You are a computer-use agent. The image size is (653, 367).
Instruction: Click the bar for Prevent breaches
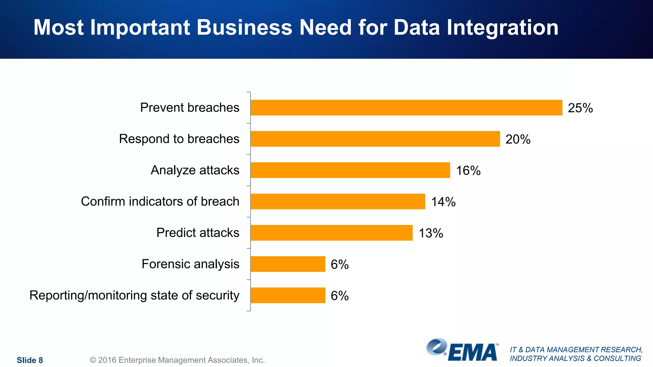point(406,108)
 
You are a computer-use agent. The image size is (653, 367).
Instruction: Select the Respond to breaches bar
point(375,139)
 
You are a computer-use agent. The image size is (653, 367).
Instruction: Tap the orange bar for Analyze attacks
point(350,170)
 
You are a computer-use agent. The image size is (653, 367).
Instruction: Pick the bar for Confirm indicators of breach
point(338,201)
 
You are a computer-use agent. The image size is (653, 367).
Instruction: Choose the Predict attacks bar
point(331,233)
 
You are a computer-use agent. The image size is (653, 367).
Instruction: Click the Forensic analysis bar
point(288,264)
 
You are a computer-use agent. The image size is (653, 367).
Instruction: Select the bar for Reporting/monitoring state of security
point(288,295)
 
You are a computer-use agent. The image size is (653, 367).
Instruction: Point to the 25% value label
point(580,108)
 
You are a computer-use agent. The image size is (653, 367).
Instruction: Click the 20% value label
point(518,139)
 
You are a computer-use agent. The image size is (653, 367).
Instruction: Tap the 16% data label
point(468,170)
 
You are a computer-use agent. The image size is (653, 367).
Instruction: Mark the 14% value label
point(443,202)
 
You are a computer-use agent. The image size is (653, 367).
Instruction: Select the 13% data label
point(431,233)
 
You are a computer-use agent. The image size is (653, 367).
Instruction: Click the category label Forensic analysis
point(190,264)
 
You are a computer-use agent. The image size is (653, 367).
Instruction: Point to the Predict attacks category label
point(198,233)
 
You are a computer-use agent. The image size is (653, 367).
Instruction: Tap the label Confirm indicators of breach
point(160,201)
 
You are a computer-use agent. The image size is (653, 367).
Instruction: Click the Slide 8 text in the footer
point(30,360)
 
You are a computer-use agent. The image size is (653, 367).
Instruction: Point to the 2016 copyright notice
point(177,360)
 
